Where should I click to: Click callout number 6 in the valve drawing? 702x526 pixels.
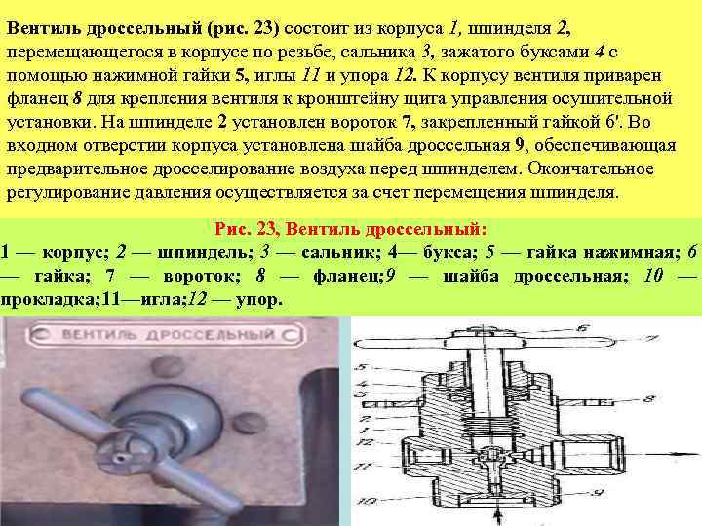coord(581,329)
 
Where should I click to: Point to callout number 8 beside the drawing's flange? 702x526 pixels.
coord(649,398)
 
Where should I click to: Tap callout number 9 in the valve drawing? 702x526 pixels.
coord(600,493)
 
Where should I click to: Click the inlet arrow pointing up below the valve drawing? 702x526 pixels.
coord(499,515)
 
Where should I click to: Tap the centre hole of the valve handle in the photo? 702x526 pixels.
coord(120,458)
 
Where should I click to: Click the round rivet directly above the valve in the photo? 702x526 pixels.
coord(169,365)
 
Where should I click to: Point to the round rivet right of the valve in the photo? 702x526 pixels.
coord(250,423)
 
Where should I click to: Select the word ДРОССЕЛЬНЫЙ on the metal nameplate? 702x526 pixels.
coord(211,335)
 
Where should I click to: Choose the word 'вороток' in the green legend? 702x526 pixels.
coord(202,276)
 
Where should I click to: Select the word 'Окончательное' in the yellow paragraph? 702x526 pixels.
coord(591,169)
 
